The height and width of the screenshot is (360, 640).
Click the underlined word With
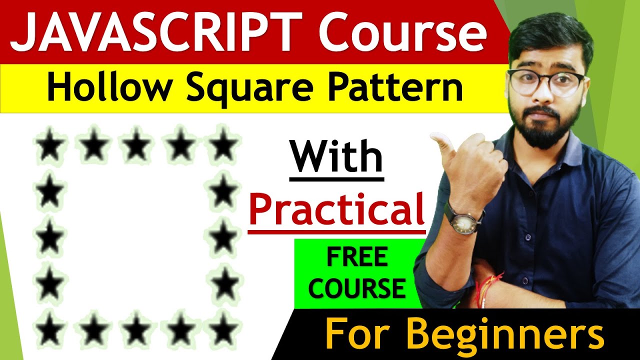click(336, 158)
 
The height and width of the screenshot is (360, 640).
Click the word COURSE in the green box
click(357, 288)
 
